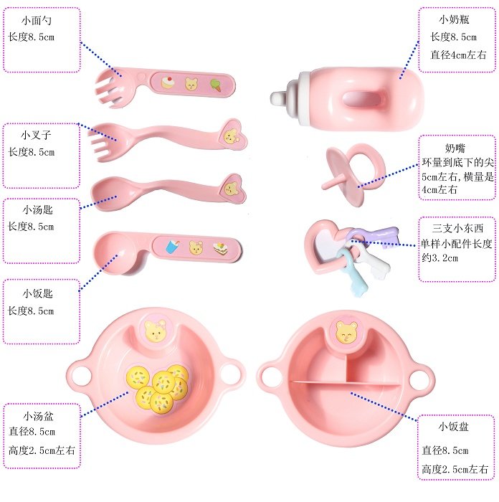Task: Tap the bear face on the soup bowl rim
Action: click(x=156, y=331)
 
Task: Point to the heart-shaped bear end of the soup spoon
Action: click(x=230, y=188)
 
